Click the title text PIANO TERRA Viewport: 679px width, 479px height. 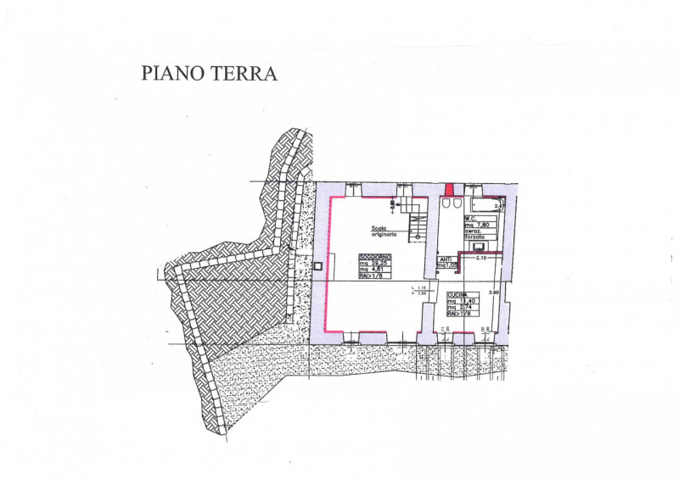(x=209, y=74)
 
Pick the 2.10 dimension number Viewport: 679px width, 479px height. (x=482, y=258)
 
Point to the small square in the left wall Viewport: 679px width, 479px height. (x=317, y=266)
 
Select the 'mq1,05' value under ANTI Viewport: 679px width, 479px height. (x=447, y=265)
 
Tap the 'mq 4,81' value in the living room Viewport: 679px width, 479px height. (x=371, y=270)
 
